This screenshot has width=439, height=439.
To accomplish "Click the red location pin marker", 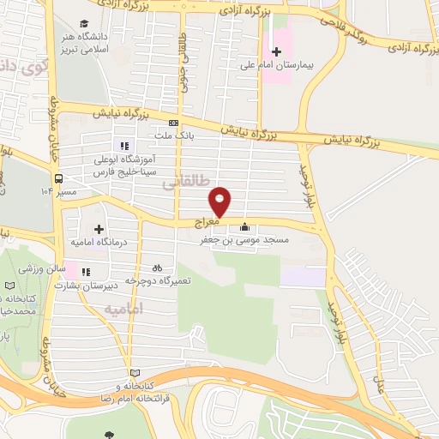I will (x=220, y=202).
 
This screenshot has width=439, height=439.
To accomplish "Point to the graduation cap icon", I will (x=84, y=23).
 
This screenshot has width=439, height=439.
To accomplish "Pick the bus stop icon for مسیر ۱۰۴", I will (x=57, y=179).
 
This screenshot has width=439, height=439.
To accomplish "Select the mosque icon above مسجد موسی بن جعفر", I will (x=246, y=227).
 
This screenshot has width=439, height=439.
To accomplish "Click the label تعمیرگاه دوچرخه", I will (x=158, y=280).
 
